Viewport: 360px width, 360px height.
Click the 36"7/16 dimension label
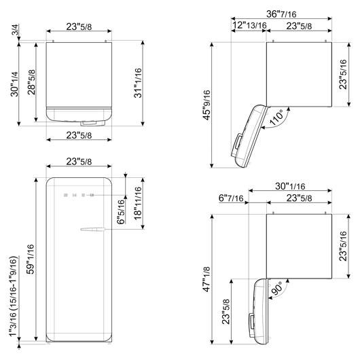click(281, 14)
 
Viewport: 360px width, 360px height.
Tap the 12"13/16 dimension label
click(249, 25)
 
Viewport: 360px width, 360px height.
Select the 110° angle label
click(277, 118)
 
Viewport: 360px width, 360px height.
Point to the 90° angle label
click(277, 288)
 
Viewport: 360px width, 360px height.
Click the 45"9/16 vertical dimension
click(206, 105)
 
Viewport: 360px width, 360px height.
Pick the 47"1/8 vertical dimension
click(206, 279)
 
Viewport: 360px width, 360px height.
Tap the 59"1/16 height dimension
click(31, 259)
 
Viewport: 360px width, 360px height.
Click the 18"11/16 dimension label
click(138, 203)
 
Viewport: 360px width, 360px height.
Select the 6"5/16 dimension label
click(121, 212)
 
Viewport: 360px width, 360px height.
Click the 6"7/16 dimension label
click(231, 198)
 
